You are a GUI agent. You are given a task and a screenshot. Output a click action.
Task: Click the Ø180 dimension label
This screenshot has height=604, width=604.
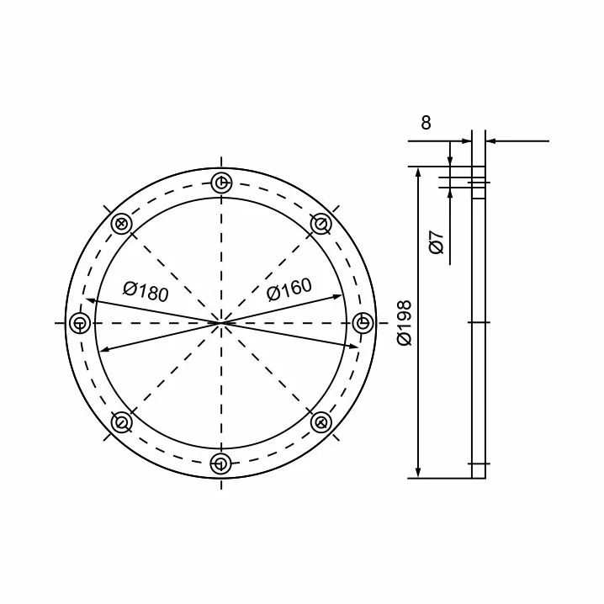click(146, 292)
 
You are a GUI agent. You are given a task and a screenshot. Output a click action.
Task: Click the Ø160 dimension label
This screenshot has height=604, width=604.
click(289, 289)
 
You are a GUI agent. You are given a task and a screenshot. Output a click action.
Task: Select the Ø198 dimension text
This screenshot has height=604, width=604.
click(405, 323)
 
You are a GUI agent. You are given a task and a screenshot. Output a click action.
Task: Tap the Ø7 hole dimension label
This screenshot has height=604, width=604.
click(437, 242)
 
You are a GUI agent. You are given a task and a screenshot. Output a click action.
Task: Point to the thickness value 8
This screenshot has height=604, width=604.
click(426, 123)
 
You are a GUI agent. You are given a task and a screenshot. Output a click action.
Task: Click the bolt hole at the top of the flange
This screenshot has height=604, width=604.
click(221, 183)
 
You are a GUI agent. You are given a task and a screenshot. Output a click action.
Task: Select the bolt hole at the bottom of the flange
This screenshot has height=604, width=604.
click(220, 464)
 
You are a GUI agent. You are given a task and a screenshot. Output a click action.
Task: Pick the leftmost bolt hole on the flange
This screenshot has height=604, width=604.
click(80, 323)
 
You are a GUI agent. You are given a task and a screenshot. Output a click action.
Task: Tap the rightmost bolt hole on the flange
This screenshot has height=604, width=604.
click(363, 322)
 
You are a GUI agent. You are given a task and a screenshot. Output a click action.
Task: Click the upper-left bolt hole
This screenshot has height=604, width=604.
click(121, 224)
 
